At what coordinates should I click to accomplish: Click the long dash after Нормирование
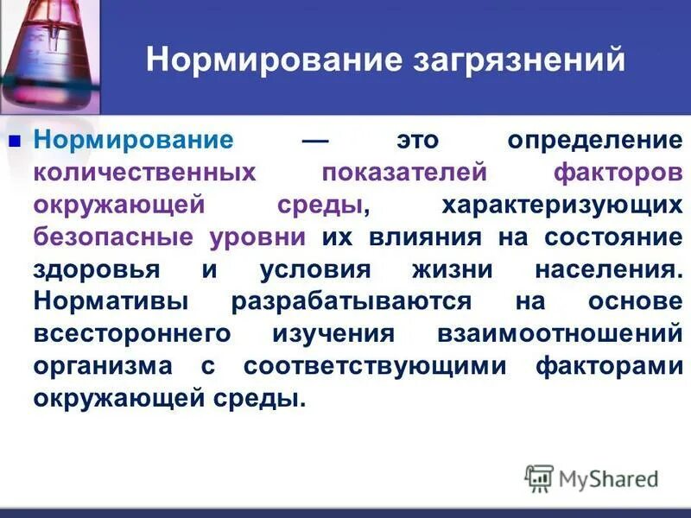coord(315,140)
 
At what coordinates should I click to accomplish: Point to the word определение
coord(595,140)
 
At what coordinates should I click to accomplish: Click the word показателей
coord(404,172)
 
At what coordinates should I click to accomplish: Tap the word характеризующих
coord(561,205)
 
